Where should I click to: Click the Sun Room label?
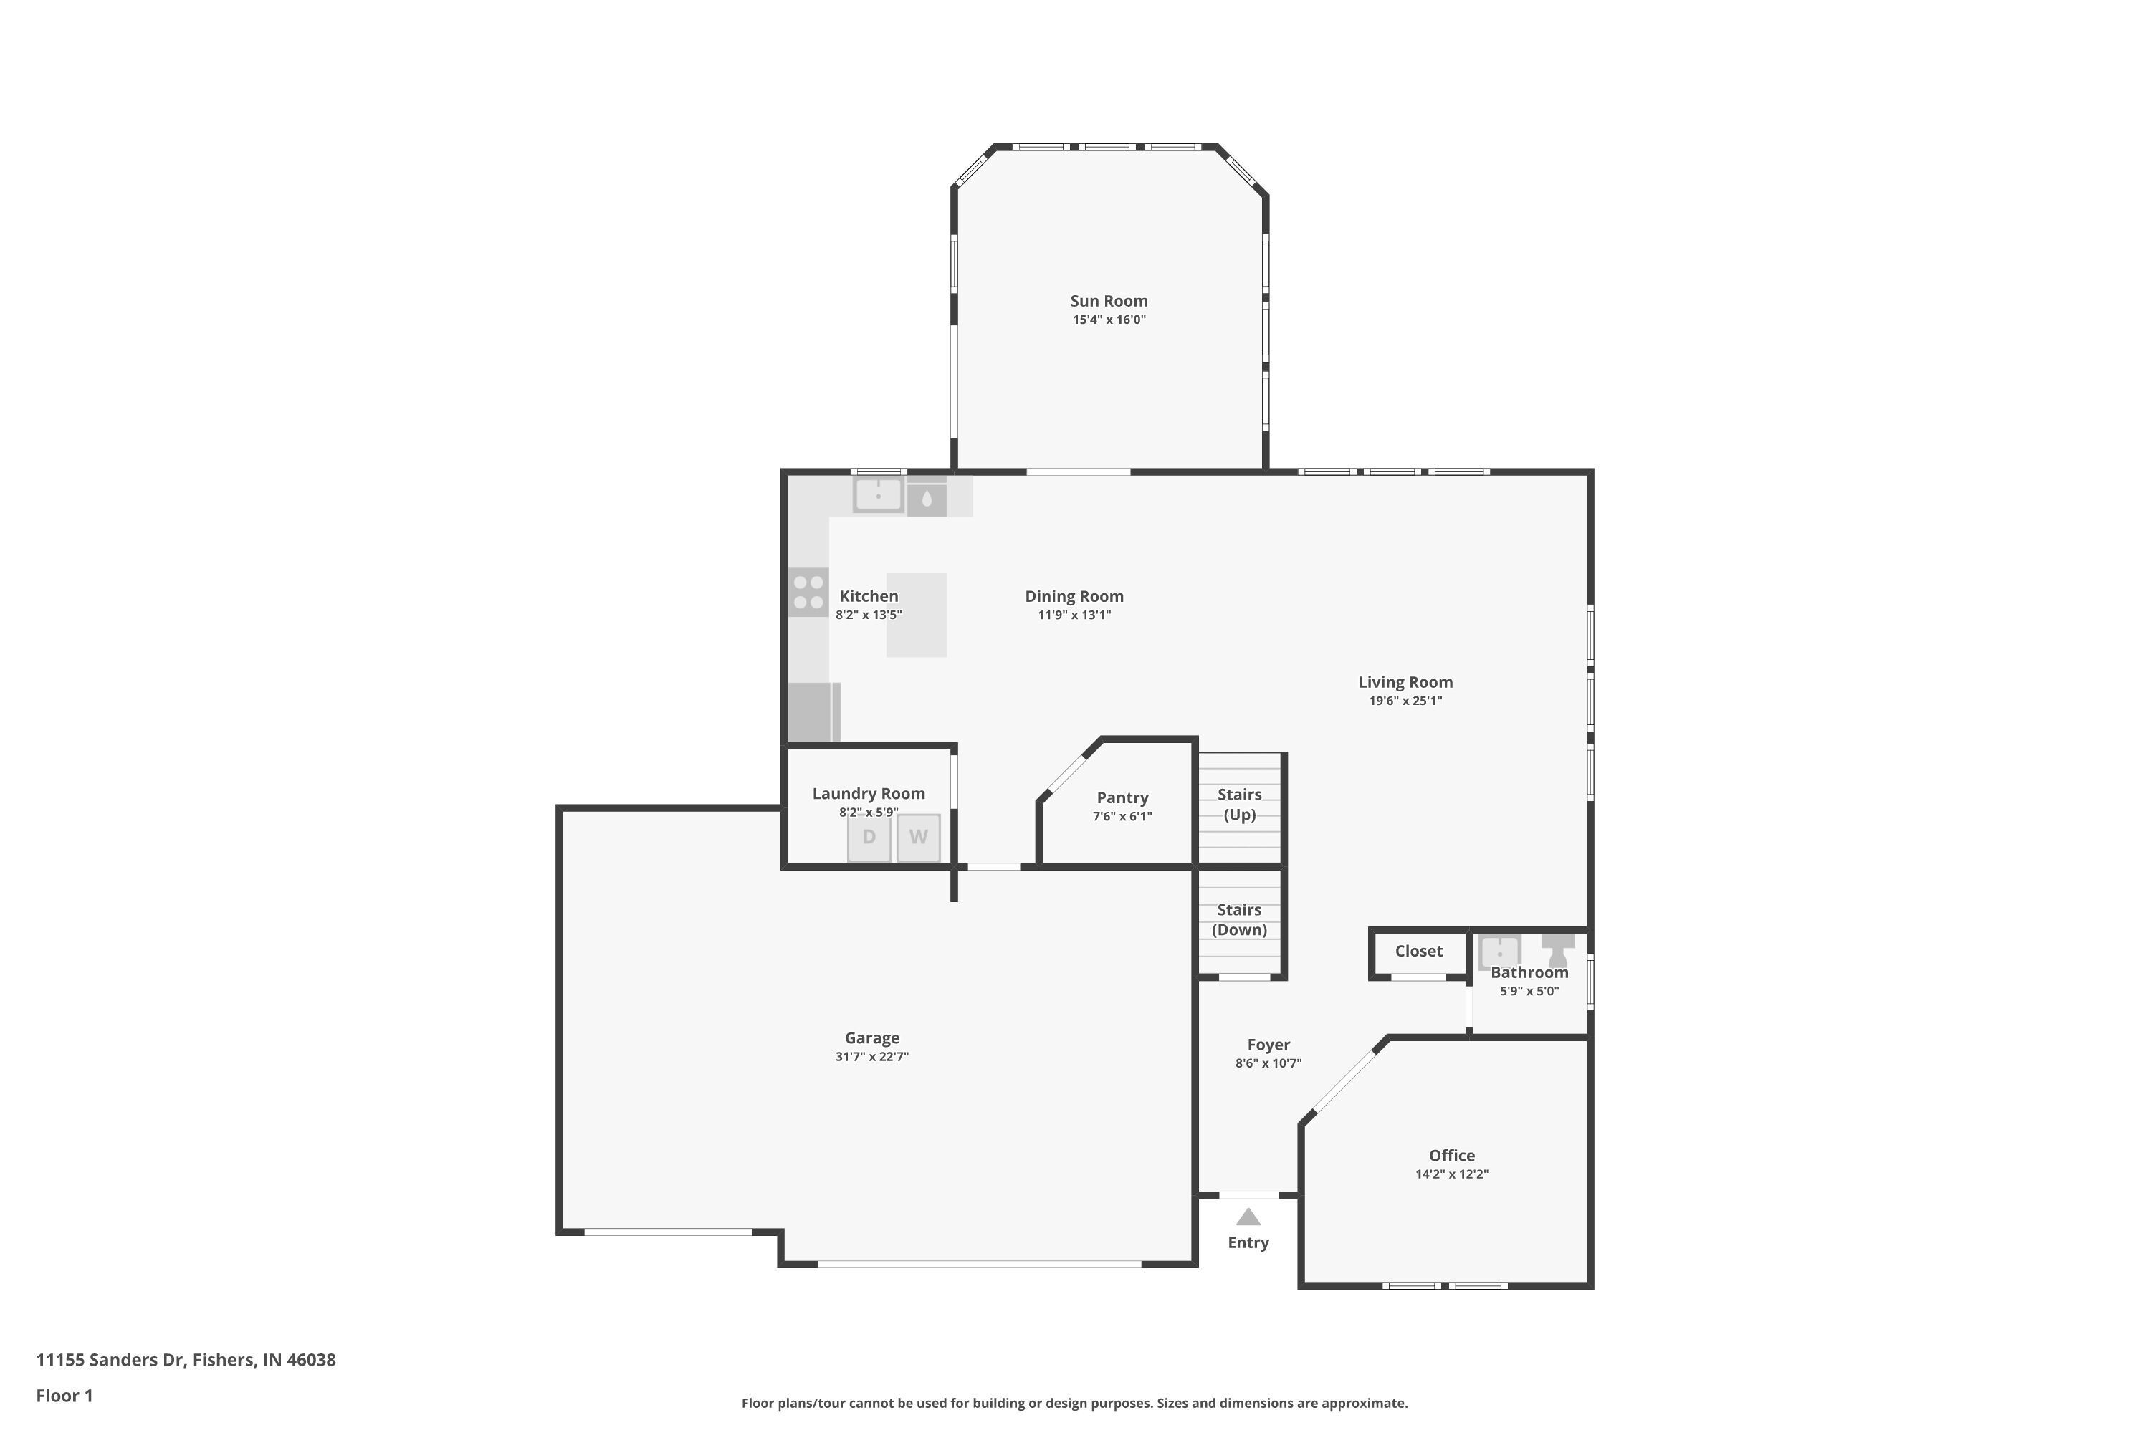(x=1109, y=301)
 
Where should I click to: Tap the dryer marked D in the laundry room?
(x=869, y=837)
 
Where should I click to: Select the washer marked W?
(x=918, y=837)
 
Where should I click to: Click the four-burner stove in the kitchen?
(x=808, y=593)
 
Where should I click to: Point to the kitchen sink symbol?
(x=877, y=495)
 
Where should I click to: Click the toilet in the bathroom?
(x=1557, y=949)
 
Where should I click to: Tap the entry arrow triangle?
(x=1248, y=1217)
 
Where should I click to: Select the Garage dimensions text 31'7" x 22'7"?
(x=871, y=1056)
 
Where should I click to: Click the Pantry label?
(x=1122, y=798)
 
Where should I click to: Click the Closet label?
(x=1418, y=952)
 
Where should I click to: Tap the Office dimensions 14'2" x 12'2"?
(x=1452, y=1174)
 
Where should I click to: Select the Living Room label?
(x=1405, y=682)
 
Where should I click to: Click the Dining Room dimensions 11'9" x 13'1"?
(x=1074, y=615)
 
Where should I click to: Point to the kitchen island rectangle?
(x=916, y=615)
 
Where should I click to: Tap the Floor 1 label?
(x=64, y=1396)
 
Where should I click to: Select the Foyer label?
(x=1268, y=1045)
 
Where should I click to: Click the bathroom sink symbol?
(x=1499, y=952)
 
